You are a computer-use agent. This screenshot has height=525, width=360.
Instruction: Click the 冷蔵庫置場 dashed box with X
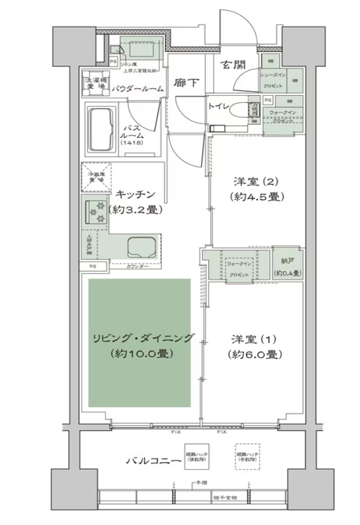(93, 177)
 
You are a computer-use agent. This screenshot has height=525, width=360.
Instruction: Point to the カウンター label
(137, 267)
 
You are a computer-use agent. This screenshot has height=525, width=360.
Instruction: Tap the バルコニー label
(153, 461)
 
